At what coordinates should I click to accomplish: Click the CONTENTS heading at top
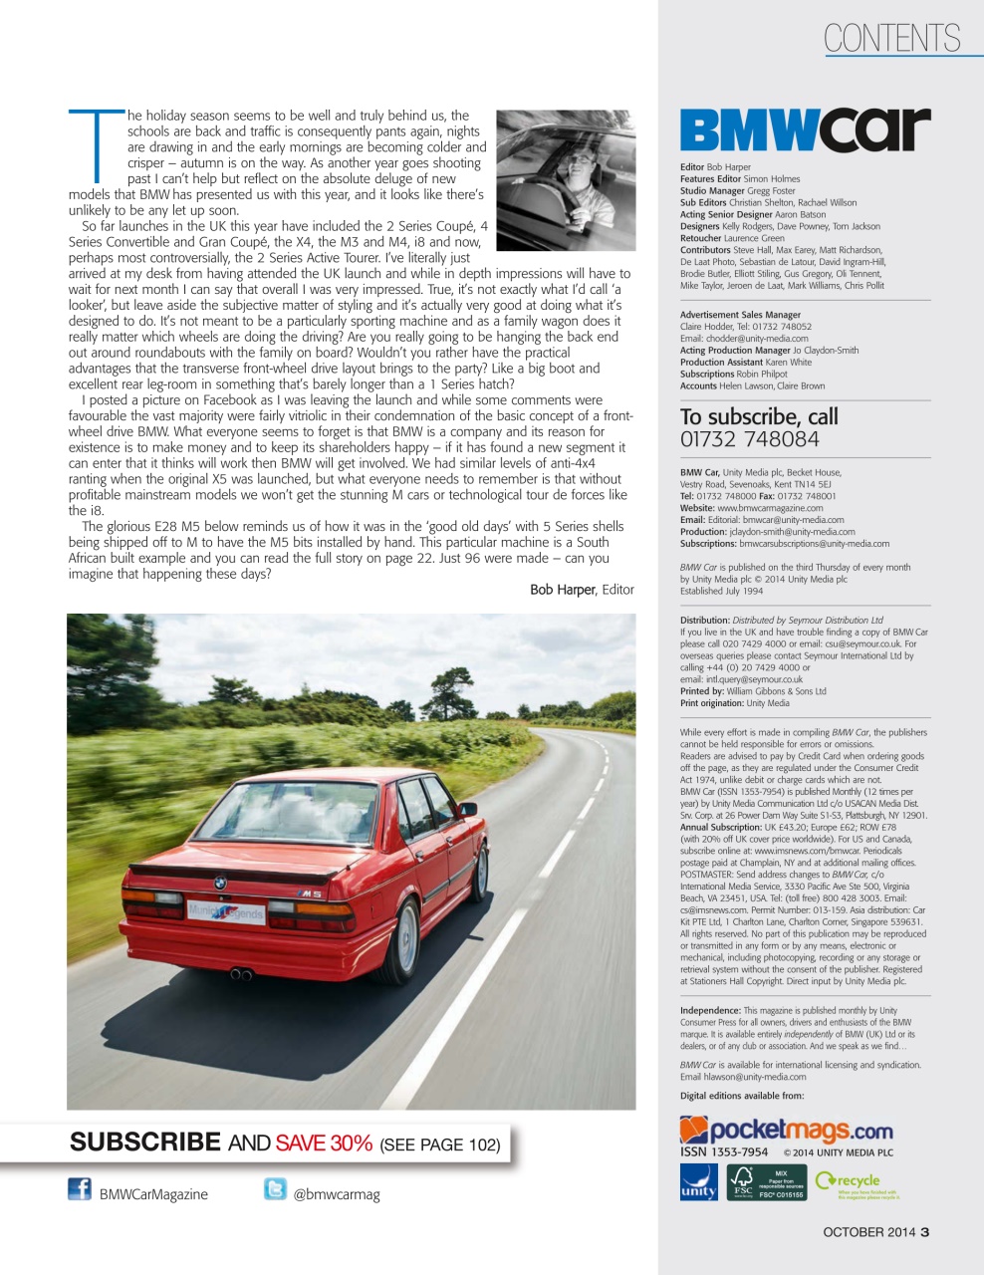click(x=891, y=39)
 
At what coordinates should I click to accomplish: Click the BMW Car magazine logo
click(x=805, y=130)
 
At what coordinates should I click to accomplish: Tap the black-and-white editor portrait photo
click(x=565, y=180)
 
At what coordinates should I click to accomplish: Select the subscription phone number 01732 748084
click(x=749, y=439)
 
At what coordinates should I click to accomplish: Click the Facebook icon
click(x=80, y=1188)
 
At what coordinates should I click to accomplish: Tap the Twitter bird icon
click(x=275, y=1188)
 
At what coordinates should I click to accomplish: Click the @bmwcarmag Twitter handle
click(x=337, y=1194)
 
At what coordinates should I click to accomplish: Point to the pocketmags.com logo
click(x=786, y=1130)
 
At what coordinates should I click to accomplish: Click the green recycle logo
click(x=855, y=1182)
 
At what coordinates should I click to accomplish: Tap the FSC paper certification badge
click(x=766, y=1182)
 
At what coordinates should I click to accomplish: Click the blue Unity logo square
click(x=698, y=1182)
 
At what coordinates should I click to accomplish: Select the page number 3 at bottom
click(x=925, y=1232)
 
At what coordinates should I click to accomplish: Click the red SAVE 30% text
click(x=324, y=1144)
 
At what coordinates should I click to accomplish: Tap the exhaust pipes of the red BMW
click(x=241, y=973)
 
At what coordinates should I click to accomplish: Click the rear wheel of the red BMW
click(x=405, y=940)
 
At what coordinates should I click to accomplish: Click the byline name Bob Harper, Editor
click(x=582, y=590)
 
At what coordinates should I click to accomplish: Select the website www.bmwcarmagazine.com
click(x=770, y=508)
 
